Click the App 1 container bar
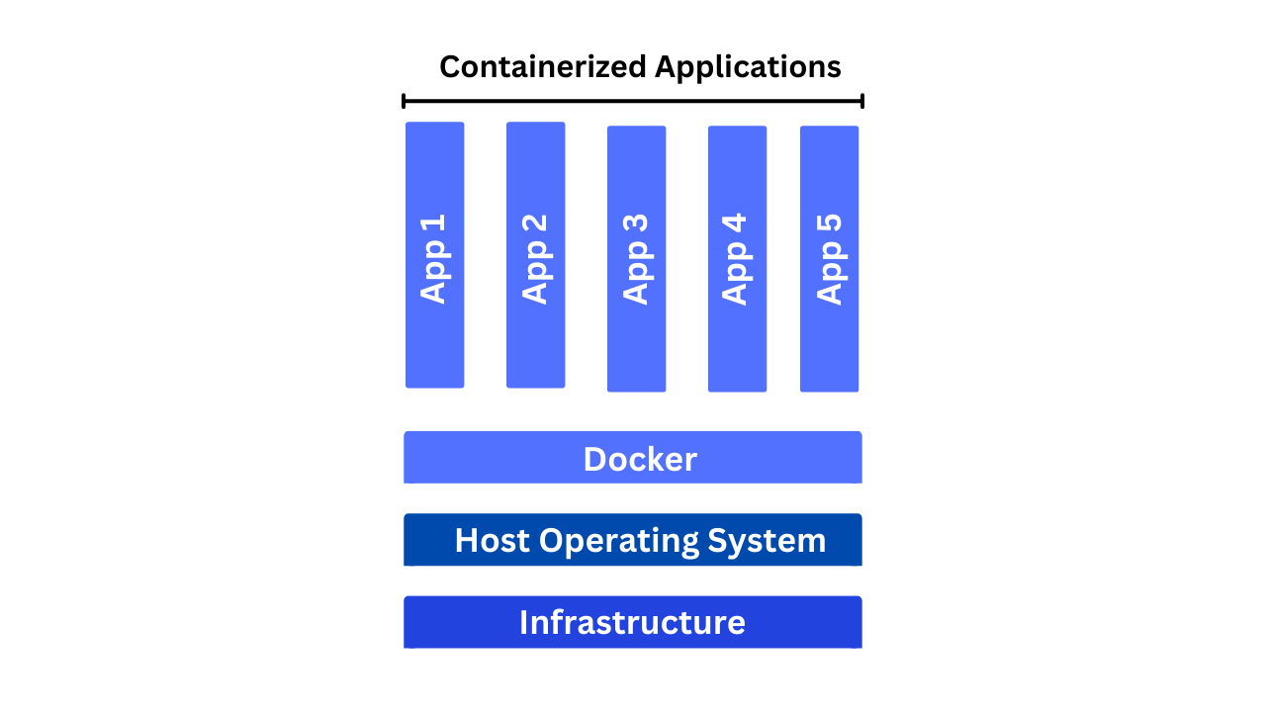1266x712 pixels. [434, 255]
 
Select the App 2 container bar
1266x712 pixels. [536, 255]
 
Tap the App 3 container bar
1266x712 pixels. [636, 259]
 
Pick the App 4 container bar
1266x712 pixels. [738, 259]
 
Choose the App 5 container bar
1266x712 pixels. [829, 259]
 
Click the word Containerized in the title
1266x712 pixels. [543, 66]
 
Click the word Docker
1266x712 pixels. [640, 459]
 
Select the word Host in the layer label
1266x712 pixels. [493, 540]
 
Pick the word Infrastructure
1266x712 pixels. [632, 622]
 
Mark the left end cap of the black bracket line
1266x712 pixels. [404, 101]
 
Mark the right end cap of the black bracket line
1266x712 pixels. [862, 101]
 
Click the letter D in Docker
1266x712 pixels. [595, 459]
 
